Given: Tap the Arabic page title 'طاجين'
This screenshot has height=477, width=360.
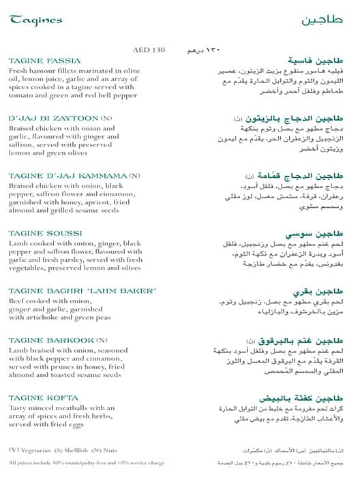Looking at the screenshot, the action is pos(322,20).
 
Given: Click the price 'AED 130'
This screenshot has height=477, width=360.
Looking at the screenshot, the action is pos(150,50).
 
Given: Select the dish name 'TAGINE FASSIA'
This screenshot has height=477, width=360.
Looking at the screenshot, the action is pos(44,61).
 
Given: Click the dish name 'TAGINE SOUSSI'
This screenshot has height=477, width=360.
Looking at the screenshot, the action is pos(45,233).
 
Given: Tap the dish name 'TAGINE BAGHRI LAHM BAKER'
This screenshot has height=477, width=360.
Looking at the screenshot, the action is pos(82,292).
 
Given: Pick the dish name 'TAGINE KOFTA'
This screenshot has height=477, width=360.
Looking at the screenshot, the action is pos(43,398).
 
